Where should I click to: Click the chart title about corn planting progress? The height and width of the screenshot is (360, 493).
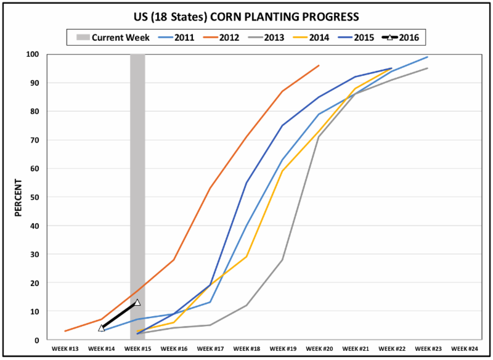246,14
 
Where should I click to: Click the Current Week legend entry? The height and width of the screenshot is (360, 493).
114,38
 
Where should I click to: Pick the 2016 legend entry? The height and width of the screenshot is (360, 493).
401,38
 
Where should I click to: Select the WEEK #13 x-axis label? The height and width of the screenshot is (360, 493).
65,349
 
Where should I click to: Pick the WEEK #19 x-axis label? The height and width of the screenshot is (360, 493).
282,349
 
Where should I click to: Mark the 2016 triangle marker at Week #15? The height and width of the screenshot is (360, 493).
137,303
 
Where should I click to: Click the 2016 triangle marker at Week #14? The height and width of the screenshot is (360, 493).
102,328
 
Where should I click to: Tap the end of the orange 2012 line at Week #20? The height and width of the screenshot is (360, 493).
319,65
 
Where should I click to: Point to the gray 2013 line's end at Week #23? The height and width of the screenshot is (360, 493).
427,68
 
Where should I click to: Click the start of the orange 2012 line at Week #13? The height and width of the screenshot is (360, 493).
65,331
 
